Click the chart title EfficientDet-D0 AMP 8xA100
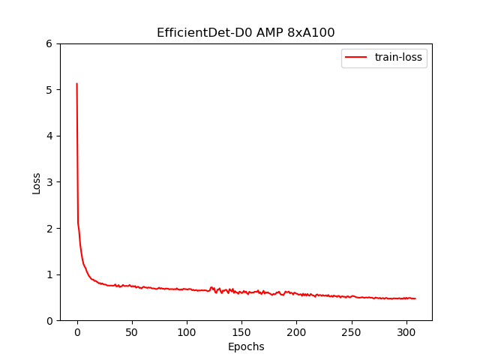(245, 32)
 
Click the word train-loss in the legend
(398, 57)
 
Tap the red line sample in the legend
(355, 57)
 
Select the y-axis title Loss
(37, 183)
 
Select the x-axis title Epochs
(246, 346)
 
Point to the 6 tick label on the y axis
(49, 43)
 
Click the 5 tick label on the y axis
(49, 90)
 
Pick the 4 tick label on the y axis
(49, 136)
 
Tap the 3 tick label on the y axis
(49, 182)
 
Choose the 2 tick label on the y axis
(49, 228)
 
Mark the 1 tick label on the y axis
(49, 274)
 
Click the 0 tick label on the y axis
(49, 321)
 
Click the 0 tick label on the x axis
(77, 332)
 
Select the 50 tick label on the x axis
(132, 332)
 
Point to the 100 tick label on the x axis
(187, 332)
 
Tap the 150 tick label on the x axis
(241, 332)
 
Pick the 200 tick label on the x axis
(296, 332)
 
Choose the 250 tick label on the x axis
(352, 332)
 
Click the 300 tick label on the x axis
(406, 332)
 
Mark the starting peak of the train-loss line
(76, 83)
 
